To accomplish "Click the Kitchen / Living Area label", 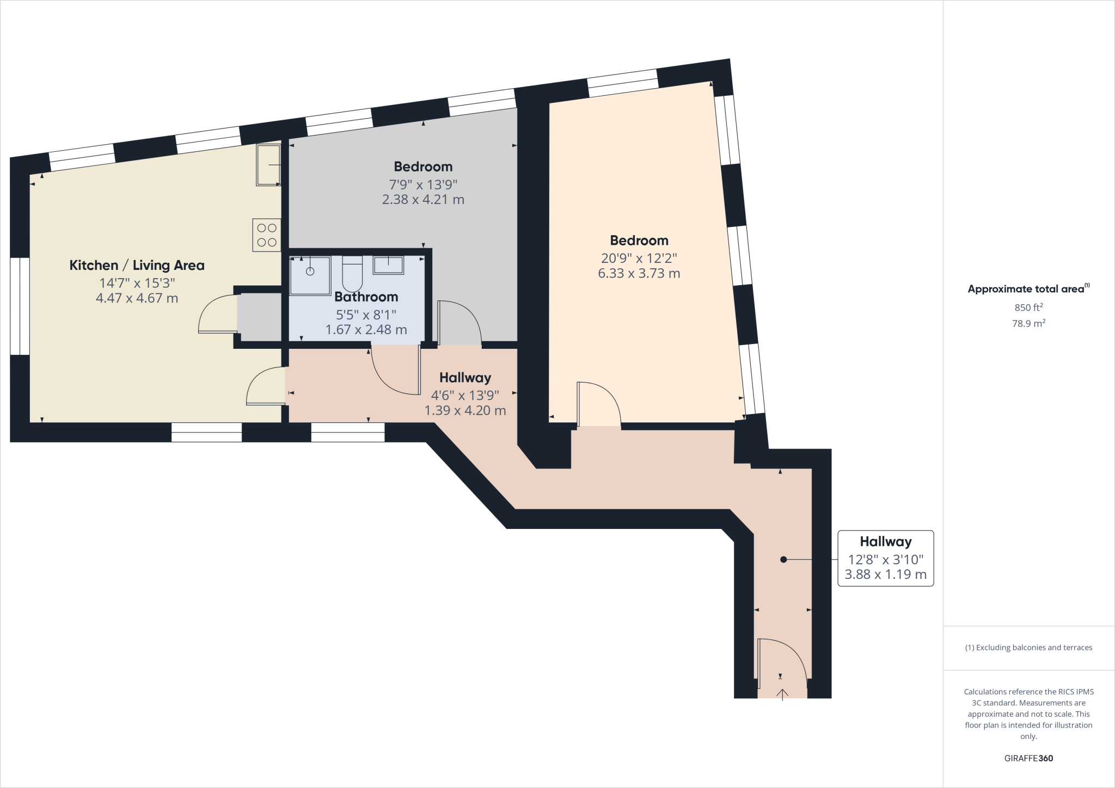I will (x=137, y=266).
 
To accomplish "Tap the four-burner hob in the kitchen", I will (x=266, y=235).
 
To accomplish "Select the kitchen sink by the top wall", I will (x=268, y=164).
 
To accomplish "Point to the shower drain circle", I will (x=310, y=271).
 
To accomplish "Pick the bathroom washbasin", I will (x=388, y=265).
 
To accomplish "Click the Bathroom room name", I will (x=366, y=297).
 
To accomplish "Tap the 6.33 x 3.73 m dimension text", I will (x=639, y=274).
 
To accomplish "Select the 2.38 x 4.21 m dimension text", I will (x=423, y=200).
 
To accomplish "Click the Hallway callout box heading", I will (x=885, y=542).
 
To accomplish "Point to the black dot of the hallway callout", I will (x=783, y=559).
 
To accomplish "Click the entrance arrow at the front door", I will (x=782, y=694).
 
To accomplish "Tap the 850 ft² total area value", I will (x=1028, y=307).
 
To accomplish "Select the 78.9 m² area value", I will (x=1028, y=323).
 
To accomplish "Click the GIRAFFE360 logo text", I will (x=1028, y=758).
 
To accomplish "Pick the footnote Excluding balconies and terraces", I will (x=1028, y=648).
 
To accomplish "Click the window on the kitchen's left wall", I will (x=20, y=306).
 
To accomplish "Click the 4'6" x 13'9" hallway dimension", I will (x=465, y=396).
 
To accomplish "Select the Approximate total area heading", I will (x=1026, y=289).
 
